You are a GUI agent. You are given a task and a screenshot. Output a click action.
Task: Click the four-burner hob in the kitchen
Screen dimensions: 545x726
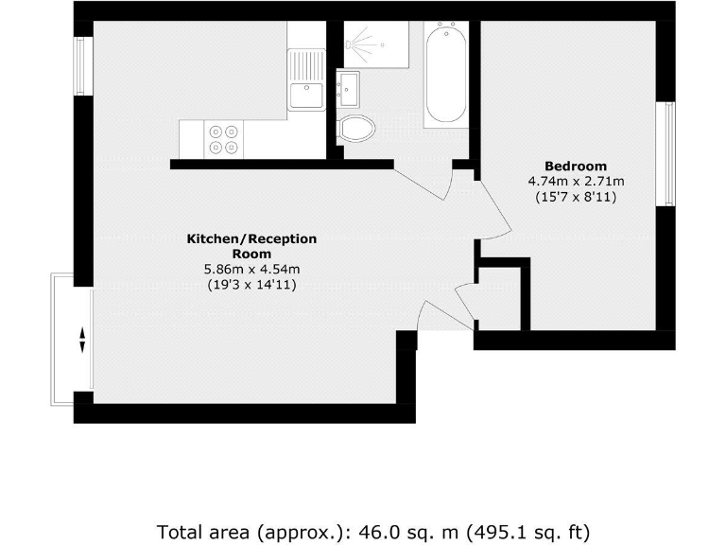(x=224, y=139)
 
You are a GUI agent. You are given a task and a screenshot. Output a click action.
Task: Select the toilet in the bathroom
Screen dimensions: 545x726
(x=358, y=128)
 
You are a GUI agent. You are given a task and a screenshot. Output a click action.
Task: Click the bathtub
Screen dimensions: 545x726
(x=445, y=76)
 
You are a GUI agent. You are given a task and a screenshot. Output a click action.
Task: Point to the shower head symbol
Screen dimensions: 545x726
(x=358, y=44)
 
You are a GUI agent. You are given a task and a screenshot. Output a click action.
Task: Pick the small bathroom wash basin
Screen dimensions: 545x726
(x=349, y=90)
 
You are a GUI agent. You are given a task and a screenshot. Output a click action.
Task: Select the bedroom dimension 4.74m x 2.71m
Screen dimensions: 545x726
(x=576, y=182)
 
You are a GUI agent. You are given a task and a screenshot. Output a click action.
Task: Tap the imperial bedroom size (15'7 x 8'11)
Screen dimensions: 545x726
(x=576, y=198)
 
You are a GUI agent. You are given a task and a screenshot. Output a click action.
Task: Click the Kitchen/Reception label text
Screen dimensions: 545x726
(x=251, y=246)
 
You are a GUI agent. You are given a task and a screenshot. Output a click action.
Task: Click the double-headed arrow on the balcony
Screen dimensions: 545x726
(x=82, y=339)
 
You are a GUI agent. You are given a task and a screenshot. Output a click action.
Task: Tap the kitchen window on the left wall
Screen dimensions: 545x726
(x=81, y=65)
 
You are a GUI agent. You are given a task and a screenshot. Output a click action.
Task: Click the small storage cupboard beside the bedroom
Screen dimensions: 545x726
(x=499, y=298)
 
